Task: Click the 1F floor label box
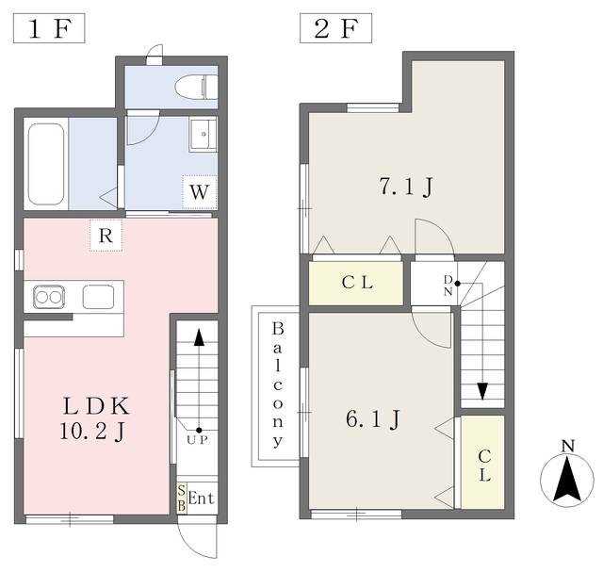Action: pyautogui.click(x=49, y=28)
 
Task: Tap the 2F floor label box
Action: pyautogui.click(x=335, y=28)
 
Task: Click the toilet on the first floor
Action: pyautogui.click(x=196, y=87)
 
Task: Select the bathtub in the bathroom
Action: pyautogui.click(x=46, y=164)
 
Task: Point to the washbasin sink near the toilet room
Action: pyautogui.click(x=204, y=134)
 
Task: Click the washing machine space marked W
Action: pyautogui.click(x=200, y=192)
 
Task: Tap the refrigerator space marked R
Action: pyautogui.click(x=106, y=236)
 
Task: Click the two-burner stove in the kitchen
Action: pyautogui.click(x=48, y=297)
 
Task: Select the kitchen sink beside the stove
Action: pyautogui.click(x=98, y=297)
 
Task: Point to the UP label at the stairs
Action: pyautogui.click(x=197, y=440)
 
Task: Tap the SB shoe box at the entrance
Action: pyautogui.click(x=182, y=498)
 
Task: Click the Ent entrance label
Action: pyautogui.click(x=201, y=498)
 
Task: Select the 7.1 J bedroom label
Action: pyautogui.click(x=406, y=187)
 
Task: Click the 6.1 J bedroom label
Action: pyautogui.click(x=373, y=418)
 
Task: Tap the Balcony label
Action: pyautogui.click(x=278, y=385)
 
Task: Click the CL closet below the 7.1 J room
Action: pyautogui.click(x=356, y=283)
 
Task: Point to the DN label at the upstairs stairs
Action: pyautogui.click(x=448, y=285)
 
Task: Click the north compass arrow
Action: pyautogui.click(x=567, y=480)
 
